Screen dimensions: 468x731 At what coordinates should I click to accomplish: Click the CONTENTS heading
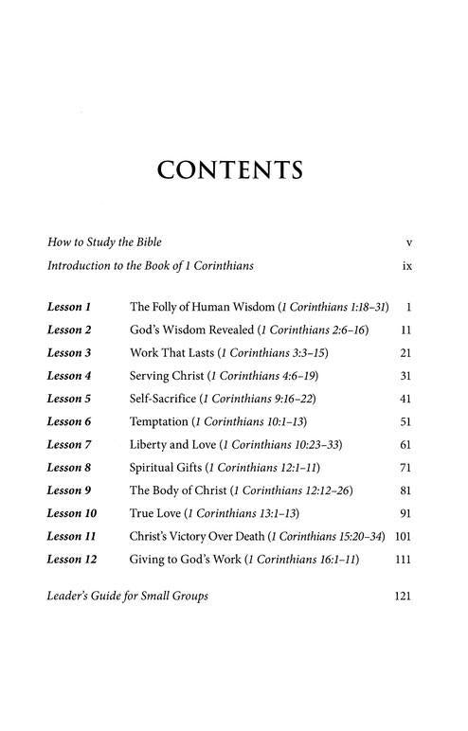click(231, 170)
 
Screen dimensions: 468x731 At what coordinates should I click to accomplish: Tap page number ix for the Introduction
click(406, 267)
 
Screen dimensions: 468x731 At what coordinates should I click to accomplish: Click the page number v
click(407, 243)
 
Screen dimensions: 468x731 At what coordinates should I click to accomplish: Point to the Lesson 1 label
click(69, 308)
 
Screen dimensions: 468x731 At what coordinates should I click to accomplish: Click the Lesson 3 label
click(69, 353)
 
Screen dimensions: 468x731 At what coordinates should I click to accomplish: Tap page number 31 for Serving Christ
click(405, 376)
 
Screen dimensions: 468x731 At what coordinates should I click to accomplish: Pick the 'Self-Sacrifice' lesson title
click(164, 399)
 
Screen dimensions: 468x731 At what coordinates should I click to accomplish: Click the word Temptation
click(159, 421)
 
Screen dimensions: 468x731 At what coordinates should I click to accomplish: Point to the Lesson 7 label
click(69, 444)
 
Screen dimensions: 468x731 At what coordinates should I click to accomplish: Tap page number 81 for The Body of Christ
click(405, 490)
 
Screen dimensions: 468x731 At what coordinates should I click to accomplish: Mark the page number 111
click(402, 559)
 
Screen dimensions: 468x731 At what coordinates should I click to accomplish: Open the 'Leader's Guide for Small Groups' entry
click(128, 597)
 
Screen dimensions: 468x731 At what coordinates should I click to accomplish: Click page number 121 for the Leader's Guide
click(402, 597)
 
